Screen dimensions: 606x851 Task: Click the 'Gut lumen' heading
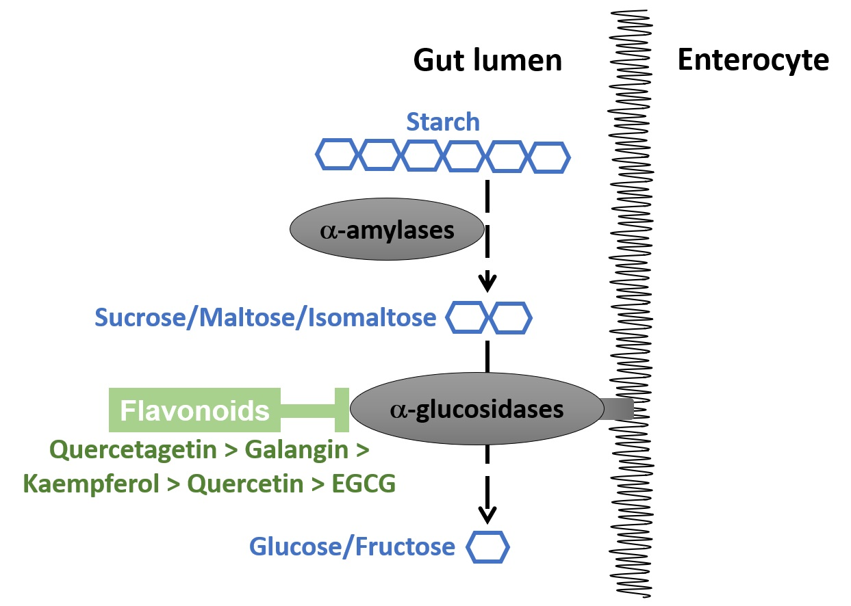click(487, 61)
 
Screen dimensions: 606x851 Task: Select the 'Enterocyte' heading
click(752, 61)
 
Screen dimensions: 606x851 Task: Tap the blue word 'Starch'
click(443, 122)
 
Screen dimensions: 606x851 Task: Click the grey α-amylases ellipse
click(388, 230)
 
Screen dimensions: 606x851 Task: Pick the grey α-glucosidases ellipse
click(477, 410)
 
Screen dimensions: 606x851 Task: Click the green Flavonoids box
click(195, 410)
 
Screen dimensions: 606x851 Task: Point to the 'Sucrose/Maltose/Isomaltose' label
click(266, 318)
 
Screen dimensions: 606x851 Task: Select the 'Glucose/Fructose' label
click(352, 546)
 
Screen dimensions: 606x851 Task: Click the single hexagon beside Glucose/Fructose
click(487, 547)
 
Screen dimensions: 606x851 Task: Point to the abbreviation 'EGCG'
click(364, 484)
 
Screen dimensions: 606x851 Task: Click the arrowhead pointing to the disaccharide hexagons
click(487, 281)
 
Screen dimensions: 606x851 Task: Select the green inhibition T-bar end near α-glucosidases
click(342, 410)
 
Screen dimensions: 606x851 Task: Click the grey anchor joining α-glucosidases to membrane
click(618, 409)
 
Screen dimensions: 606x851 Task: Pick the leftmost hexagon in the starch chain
click(336, 155)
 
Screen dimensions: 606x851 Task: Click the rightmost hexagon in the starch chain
click(550, 157)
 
